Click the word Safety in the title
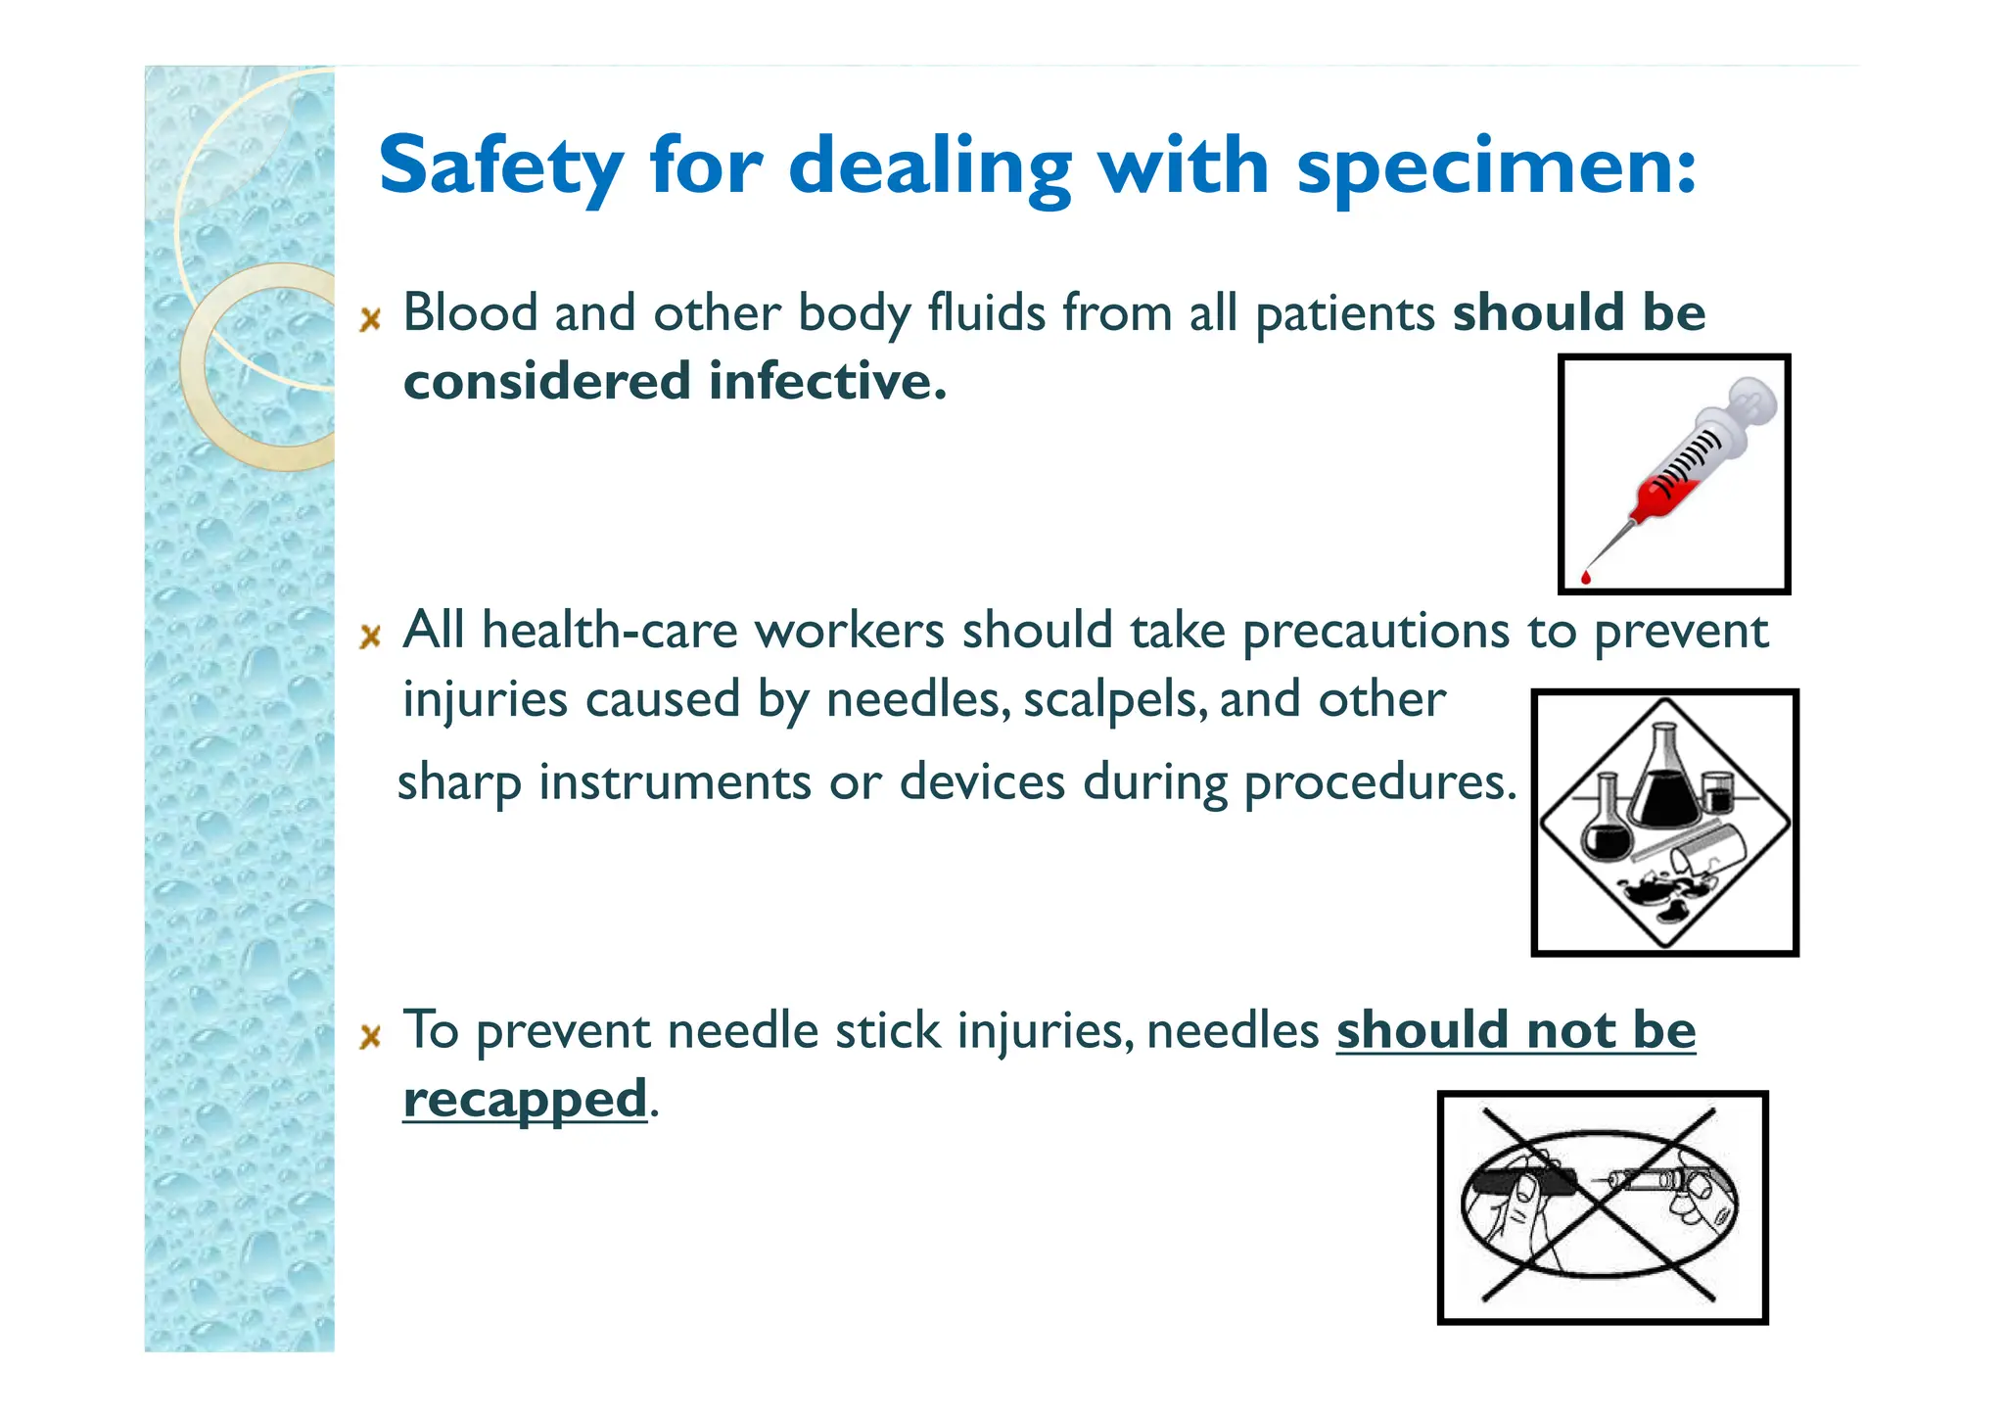500,166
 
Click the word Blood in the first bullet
471,313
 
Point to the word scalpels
1114,700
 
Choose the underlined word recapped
525,1100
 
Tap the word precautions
1376,632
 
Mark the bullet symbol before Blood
370,319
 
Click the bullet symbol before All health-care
370,638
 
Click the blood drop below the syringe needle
1586,577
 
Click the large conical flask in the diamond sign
1664,783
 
